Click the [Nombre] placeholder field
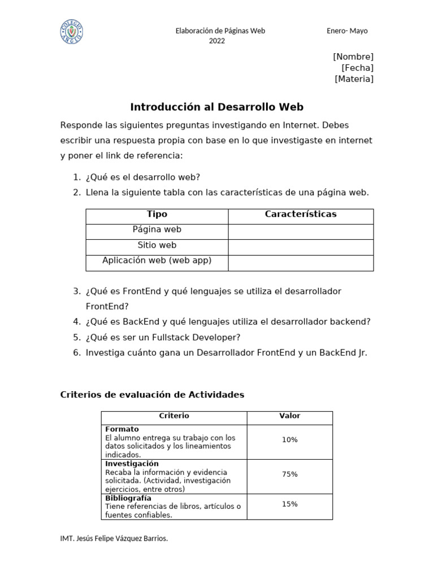click(353, 57)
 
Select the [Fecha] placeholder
click(357, 68)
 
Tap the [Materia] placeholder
click(354, 79)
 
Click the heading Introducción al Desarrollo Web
click(217, 107)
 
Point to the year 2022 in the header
click(217, 41)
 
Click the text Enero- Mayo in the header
click(347, 31)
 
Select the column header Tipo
click(157, 214)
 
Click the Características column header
click(301, 214)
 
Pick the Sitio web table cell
click(157, 245)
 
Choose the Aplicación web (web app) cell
click(157, 261)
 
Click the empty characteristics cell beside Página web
click(301, 231)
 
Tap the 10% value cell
click(289, 440)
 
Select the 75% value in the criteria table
click(289, 474)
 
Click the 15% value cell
click(289, 504)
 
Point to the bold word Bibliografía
click(128, 498)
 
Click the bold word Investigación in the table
click(132, 464)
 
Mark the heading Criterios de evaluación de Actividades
click(152, 395)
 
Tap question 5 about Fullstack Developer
click(163, 338)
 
